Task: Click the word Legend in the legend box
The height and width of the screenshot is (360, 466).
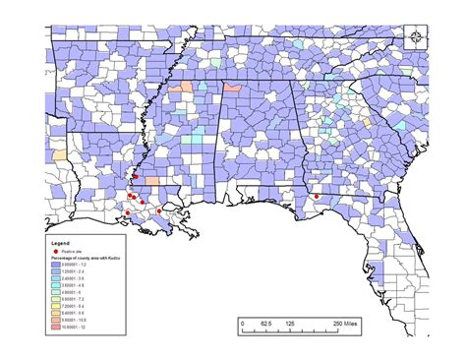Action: point(60,241)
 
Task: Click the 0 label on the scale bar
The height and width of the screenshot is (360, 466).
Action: point(242,323)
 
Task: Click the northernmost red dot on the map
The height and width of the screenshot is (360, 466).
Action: point(136,178)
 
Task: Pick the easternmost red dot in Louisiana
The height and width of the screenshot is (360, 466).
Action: point(159,210)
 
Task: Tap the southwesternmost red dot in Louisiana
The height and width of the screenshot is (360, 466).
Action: point(127,211)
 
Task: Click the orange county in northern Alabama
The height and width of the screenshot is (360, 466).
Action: point(234,88)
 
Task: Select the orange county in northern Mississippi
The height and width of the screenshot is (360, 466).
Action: point(180,89)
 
